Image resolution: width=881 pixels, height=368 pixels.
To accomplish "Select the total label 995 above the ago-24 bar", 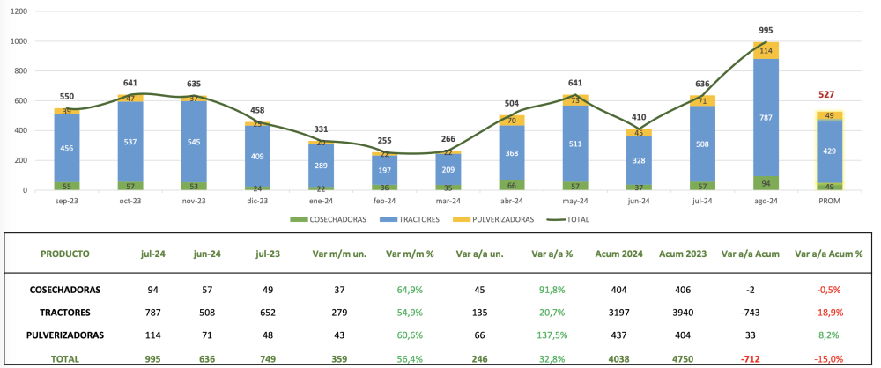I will [766, 30].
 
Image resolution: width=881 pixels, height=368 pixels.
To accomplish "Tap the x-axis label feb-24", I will [384, 202].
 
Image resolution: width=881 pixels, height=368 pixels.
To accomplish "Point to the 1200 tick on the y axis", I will [18, 11].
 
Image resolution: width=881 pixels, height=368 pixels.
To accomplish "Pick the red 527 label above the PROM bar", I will [829, 95].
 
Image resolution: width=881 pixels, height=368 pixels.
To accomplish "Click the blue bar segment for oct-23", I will [131, 140].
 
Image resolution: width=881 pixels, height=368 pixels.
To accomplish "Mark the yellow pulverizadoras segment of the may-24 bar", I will [575, 100].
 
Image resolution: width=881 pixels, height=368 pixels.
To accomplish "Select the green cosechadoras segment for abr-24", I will [512, 185].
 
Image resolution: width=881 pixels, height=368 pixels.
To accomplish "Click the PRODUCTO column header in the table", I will [65, 254].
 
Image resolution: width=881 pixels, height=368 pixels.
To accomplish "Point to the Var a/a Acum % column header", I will [829, 254].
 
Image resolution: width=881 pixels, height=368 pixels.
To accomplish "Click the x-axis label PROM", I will [829, 202].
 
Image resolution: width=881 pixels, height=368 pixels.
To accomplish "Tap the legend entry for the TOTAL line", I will [572, 219].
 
